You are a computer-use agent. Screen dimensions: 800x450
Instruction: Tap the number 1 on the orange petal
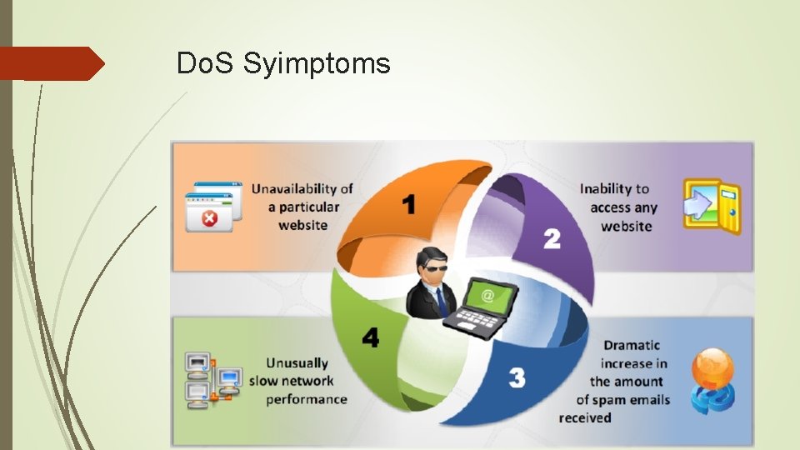click(408, 204)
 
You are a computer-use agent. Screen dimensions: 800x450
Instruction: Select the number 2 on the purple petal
click(552, 238)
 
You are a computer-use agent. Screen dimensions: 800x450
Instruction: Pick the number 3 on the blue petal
click(517, 377)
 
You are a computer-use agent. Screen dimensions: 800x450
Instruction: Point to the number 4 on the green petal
click(370, 337)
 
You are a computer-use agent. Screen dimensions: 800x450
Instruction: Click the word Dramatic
click(632, 345)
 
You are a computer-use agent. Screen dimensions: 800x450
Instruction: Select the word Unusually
click(297, 363)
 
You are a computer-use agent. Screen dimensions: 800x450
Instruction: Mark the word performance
click(307, 399)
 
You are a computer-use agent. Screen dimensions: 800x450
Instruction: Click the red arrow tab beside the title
click(50, 63)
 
